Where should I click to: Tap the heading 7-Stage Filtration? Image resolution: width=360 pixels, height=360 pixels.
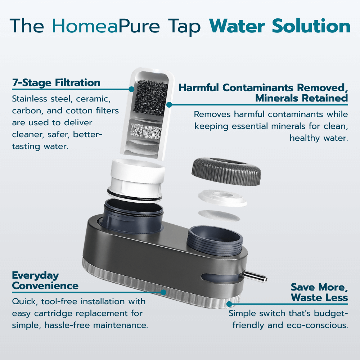[56, 83]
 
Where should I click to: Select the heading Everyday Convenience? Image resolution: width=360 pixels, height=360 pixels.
[45, 281]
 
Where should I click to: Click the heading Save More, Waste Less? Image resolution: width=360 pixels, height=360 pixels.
[319, 292]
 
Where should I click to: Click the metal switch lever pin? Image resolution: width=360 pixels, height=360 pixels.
[256, 277]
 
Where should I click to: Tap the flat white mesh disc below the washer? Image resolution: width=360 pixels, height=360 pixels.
[219, 216]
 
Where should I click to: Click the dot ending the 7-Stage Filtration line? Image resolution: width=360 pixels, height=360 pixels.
[131, 89]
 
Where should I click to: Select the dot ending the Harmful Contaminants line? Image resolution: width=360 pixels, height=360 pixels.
[169, 104]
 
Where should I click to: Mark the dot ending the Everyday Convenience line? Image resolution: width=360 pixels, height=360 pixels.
[164, 292]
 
